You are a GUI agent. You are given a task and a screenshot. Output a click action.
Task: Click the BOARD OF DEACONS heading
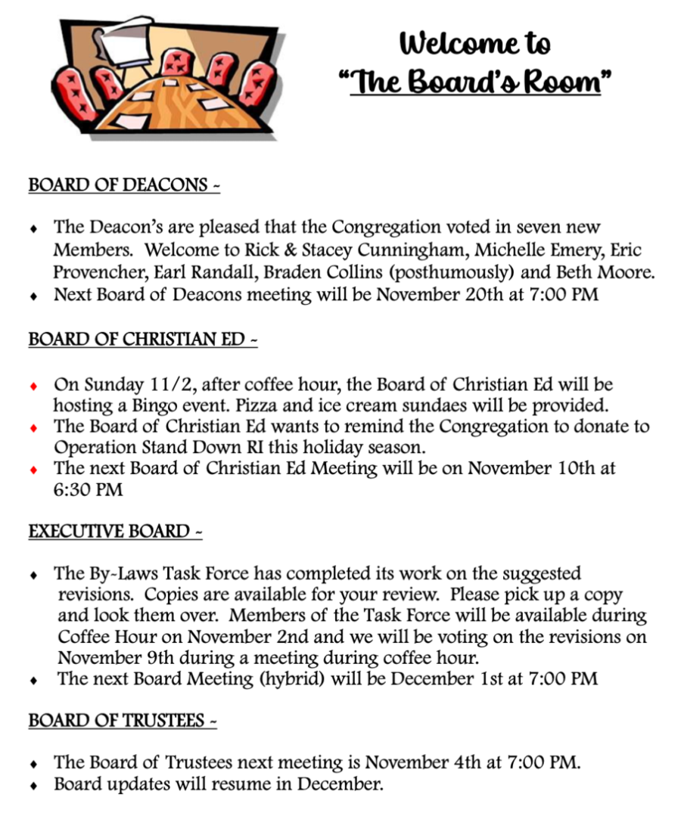point(123,185)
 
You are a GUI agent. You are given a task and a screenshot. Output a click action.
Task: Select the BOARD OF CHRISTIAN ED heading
point(142,340)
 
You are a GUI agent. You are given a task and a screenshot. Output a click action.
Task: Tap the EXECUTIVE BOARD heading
point(115,532)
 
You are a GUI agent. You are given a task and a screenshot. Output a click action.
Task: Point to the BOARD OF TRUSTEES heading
point(123,721)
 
